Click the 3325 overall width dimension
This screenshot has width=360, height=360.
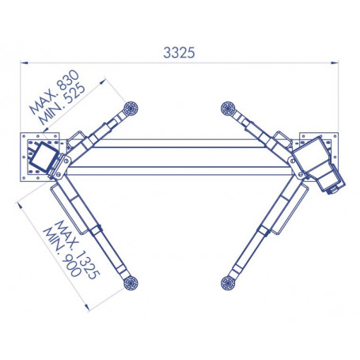(x=179, y=52)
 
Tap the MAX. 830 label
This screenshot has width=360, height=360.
(x=54, y=92)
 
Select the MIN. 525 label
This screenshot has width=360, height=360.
(x=63, y=104)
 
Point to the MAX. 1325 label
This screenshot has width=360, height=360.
(x=78, y=250)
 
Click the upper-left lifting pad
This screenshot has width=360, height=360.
(x=131, y=108)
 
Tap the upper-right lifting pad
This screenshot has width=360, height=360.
(x=228, y=108)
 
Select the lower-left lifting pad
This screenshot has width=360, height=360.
(x=131, y=283)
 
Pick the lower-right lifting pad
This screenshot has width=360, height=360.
(x=228, y=283)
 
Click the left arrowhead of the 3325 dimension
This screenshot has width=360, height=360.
(x=25, y=63)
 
